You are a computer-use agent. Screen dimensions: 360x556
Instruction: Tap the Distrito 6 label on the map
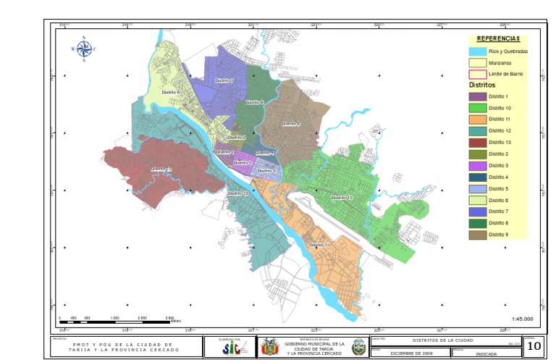171,93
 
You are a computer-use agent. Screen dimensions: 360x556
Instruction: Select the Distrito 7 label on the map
224,80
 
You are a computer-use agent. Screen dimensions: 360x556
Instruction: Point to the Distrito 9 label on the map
290,124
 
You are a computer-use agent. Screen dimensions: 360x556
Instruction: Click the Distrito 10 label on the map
342,197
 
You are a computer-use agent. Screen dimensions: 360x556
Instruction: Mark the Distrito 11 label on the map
319,245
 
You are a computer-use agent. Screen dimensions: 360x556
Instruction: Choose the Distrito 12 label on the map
238,193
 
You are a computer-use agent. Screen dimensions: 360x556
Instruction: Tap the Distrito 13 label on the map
161,169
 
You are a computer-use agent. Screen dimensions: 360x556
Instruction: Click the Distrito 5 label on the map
266,170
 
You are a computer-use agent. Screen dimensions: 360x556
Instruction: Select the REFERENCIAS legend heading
498,38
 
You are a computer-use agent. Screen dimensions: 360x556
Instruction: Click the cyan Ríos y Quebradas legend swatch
477,51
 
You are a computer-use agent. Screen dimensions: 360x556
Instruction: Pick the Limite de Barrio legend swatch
477,74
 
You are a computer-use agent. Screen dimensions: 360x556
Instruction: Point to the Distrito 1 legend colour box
477,96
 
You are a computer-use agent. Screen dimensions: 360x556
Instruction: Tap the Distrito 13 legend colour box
477,142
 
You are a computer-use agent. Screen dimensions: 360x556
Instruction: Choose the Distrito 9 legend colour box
477,234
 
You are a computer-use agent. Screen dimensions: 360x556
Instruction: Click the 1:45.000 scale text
521,319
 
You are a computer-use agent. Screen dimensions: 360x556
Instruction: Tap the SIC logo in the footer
229,347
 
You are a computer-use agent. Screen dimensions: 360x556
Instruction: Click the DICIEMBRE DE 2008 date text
410,353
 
